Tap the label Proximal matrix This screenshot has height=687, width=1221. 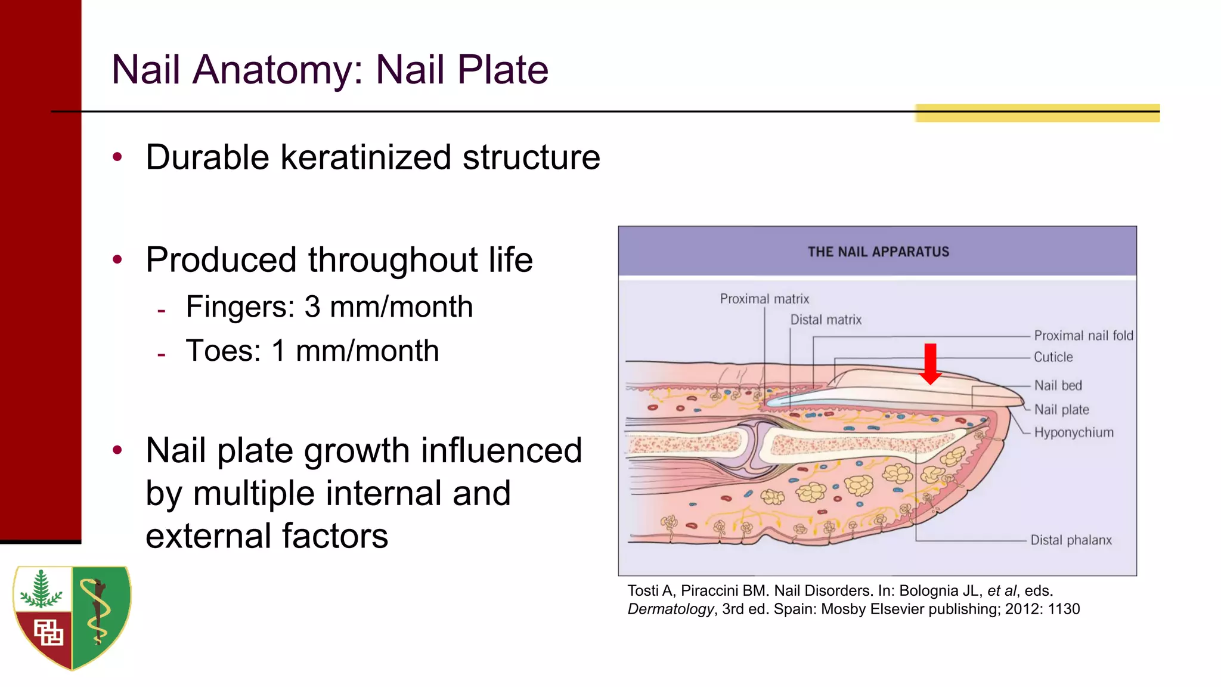click(764, 299)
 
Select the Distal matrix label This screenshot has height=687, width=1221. click(826, 320)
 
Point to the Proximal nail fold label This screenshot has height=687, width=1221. click(1083, 336)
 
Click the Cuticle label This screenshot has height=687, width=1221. click(1053, 357)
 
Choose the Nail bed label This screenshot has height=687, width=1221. click(1058, 386)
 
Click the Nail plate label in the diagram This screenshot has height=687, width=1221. click(1061, 410)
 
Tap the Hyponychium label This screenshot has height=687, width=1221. click(1073, 432)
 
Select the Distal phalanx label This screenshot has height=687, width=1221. click(1071, 540)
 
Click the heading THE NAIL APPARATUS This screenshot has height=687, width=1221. click(878, 252)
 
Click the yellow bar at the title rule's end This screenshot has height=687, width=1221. click(1037, 113)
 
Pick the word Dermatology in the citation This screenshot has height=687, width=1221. click(670, 609)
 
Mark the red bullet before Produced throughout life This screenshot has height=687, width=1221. click(117, 259)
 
